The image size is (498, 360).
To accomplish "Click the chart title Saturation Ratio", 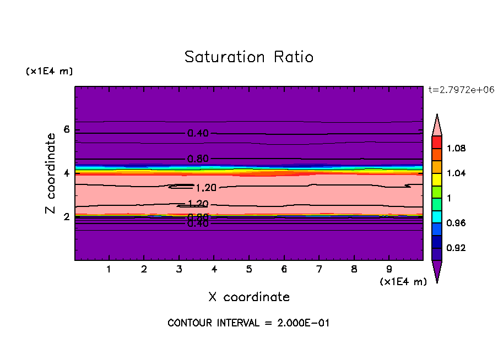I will (249, 57).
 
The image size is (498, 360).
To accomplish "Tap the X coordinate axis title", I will (249, 297).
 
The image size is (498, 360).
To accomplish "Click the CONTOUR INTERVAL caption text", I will (248, 323).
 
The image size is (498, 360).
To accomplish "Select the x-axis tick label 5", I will (249, 270).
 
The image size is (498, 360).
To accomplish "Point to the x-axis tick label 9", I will (389, 270).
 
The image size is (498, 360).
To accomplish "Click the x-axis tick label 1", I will (109, 270).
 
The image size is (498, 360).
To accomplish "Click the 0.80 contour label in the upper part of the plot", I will (198, 159).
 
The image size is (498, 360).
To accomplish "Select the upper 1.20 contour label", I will (205, 188).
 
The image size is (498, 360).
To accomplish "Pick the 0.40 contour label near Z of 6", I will (198, 133).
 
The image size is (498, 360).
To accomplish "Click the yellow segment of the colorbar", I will (437, 179).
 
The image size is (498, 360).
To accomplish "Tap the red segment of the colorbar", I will (437, 142).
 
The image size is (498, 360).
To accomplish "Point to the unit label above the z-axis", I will (49, 72).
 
